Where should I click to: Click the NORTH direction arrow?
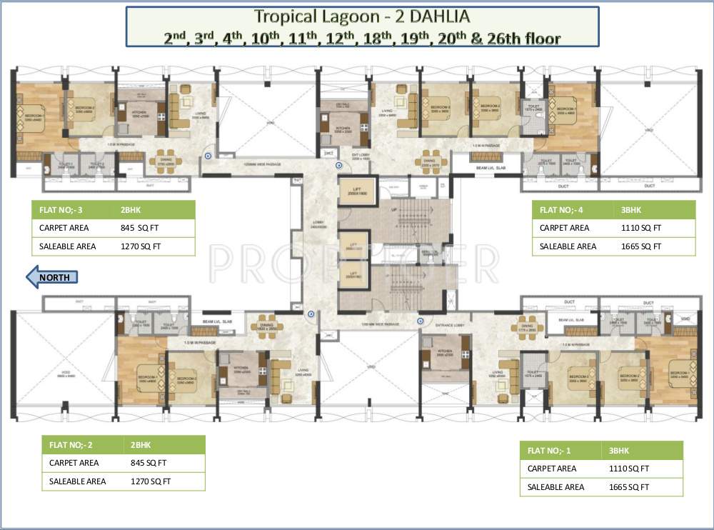click(x=51, y=277)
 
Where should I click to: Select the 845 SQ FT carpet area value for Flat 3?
click(x=140, y=229)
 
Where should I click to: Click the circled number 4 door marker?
click(x=338, y=165)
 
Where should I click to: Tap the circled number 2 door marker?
click(x=311, y=314)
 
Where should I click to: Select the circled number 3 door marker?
click(x=208, y=155)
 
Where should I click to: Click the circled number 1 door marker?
click(x=420, y=321)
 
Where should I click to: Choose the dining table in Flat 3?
click(x=165, y=158)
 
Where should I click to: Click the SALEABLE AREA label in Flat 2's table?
click(x=78, y=481)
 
